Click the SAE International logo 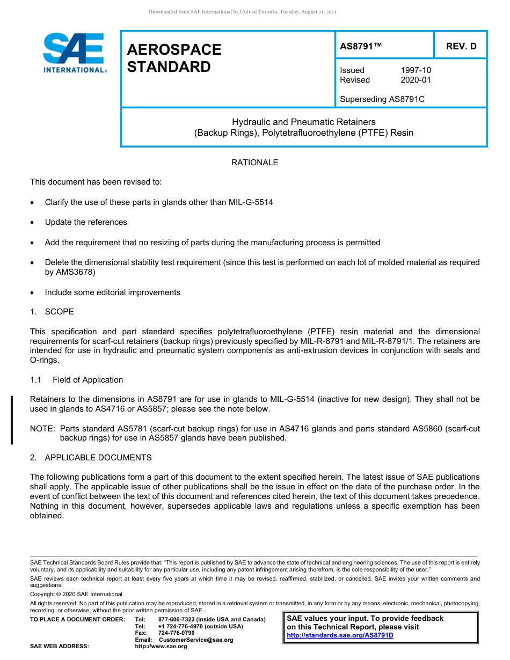coord(74,53)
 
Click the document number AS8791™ coord(361,47)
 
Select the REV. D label coord(461,47)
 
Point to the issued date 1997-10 coord(416,70)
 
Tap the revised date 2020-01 coord(416,80)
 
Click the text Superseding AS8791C coord(382,99)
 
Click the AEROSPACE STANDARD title coord(174,58)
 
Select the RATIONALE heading coord(254,163)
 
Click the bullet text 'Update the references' coord(86,222)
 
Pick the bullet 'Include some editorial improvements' coord(112,292)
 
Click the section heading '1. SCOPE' coord(52,312)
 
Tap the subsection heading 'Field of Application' coord(88,380)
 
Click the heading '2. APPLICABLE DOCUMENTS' coord(91,458)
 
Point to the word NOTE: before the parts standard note coord(42,429)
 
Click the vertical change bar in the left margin coord(12,419)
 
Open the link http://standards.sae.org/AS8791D coord(340,635)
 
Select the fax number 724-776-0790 coord(176,633)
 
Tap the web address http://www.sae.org coord(161,647)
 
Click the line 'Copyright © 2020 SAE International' coord(76,594)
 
